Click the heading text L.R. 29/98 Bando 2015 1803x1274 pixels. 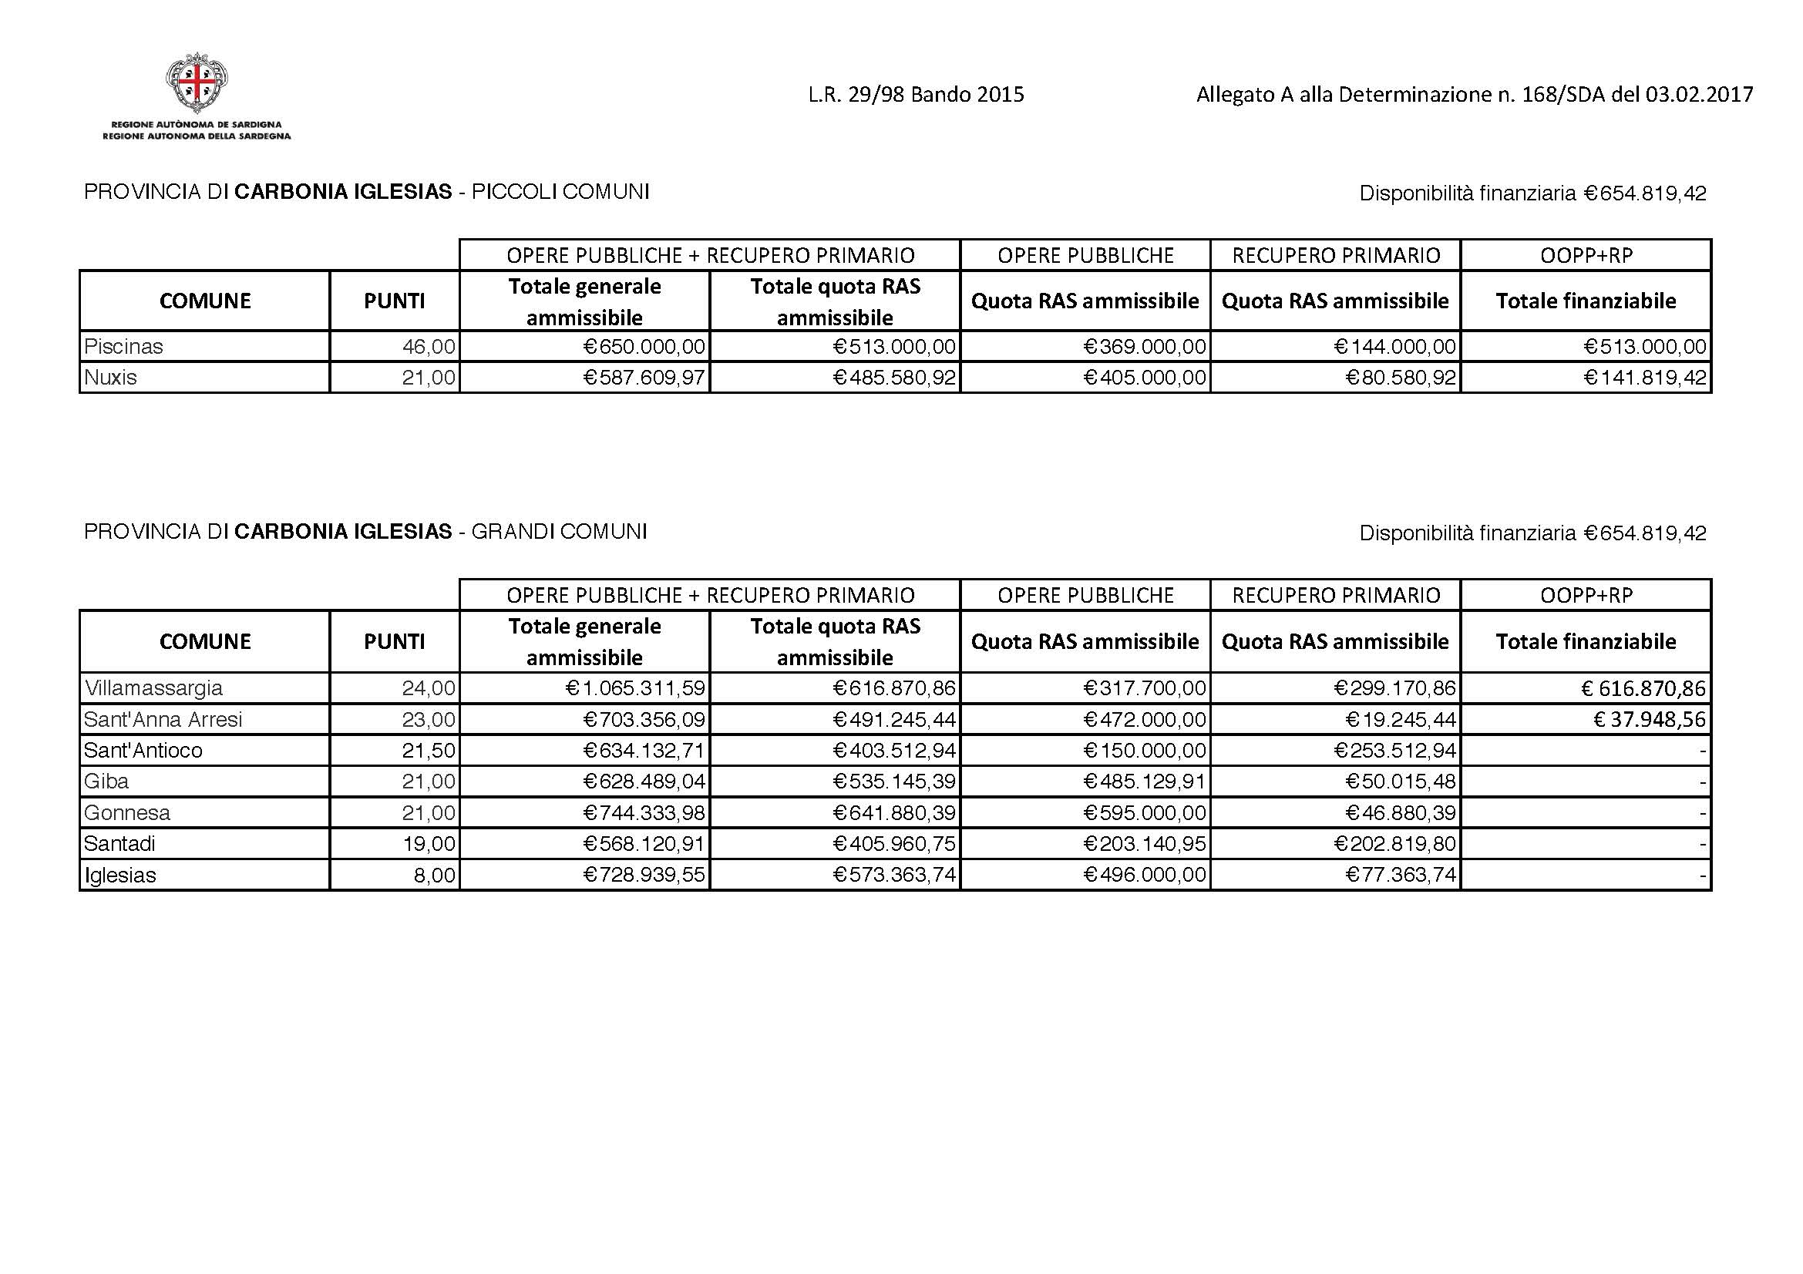coord(916,95)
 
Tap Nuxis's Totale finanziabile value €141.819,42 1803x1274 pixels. coord(1645,378)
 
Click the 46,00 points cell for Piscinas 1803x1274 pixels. coord(429,346)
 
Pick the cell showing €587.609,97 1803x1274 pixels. coord(644,378)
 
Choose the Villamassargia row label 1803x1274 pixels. coord(154,688)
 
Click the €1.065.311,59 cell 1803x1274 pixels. coord(635,688)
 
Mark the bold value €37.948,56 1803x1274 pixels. coord(1649,720)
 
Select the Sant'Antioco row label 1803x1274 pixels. coord(143,751)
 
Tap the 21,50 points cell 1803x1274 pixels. coord(429,751)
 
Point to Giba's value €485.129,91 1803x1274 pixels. coord(1144,782)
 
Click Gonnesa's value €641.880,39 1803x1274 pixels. coord(894,812)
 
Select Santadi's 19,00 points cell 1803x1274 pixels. coord(429,844)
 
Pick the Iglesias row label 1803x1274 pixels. coord(120,876)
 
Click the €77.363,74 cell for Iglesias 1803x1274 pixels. coord(1401,875)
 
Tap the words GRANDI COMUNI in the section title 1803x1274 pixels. coord(559,533)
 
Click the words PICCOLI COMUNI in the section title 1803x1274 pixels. coord(560,193)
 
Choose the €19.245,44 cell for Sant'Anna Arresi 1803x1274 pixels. coord(1401,720)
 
